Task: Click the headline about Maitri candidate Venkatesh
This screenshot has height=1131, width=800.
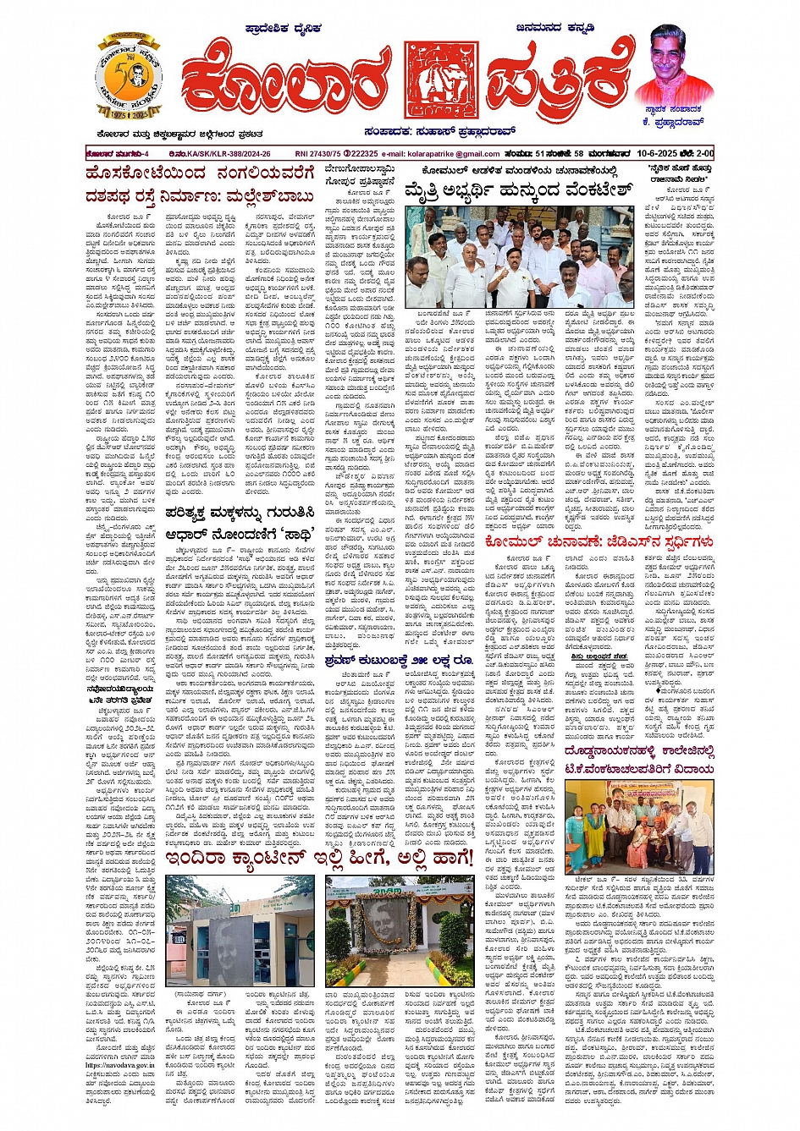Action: [x=522, y=190]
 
